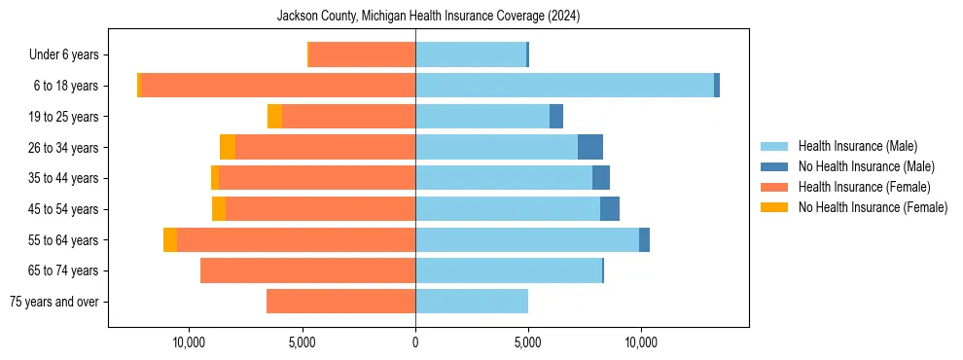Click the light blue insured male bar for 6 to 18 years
tap(564, 86)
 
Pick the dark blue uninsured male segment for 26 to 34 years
tap(590, 147)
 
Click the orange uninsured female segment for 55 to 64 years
tap(170, 239)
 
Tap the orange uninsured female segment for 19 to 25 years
tap(274, 117)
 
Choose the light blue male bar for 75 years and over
tap(472, 302)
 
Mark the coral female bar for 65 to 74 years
tap(307, 270)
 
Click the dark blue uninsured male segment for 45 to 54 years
tap(610, 209)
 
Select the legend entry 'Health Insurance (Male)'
tap(857, 146)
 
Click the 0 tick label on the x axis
tap(415, 342)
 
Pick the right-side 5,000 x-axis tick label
tap(528, 342)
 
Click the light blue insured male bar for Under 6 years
tap(471, 54)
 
